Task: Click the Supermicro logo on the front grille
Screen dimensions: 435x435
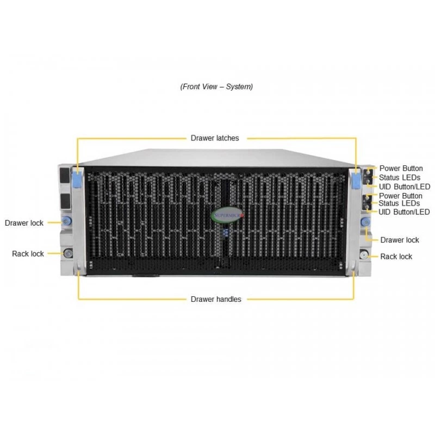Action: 227,215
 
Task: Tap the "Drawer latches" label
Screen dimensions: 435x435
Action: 215,138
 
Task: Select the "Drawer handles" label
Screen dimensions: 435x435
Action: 216,300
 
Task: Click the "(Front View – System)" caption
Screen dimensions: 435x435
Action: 216,87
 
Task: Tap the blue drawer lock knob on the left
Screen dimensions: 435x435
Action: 66,221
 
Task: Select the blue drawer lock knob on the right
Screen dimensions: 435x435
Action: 365,222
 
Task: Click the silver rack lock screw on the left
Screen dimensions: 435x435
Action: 68,253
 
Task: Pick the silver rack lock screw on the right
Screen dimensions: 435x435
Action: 364,254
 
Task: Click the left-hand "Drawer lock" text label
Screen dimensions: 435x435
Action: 24,223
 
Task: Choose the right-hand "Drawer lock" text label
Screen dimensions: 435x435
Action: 400,240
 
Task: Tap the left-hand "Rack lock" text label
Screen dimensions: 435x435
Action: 28,254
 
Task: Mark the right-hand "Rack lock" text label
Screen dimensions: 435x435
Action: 396,257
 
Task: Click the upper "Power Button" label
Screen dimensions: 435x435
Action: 401,169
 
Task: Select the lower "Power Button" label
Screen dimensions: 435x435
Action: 401,196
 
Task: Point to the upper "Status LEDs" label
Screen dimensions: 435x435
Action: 400,178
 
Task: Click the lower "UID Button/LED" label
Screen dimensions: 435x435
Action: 404,212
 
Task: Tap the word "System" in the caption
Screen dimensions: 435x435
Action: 239,87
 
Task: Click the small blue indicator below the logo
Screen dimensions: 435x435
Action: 226,233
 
